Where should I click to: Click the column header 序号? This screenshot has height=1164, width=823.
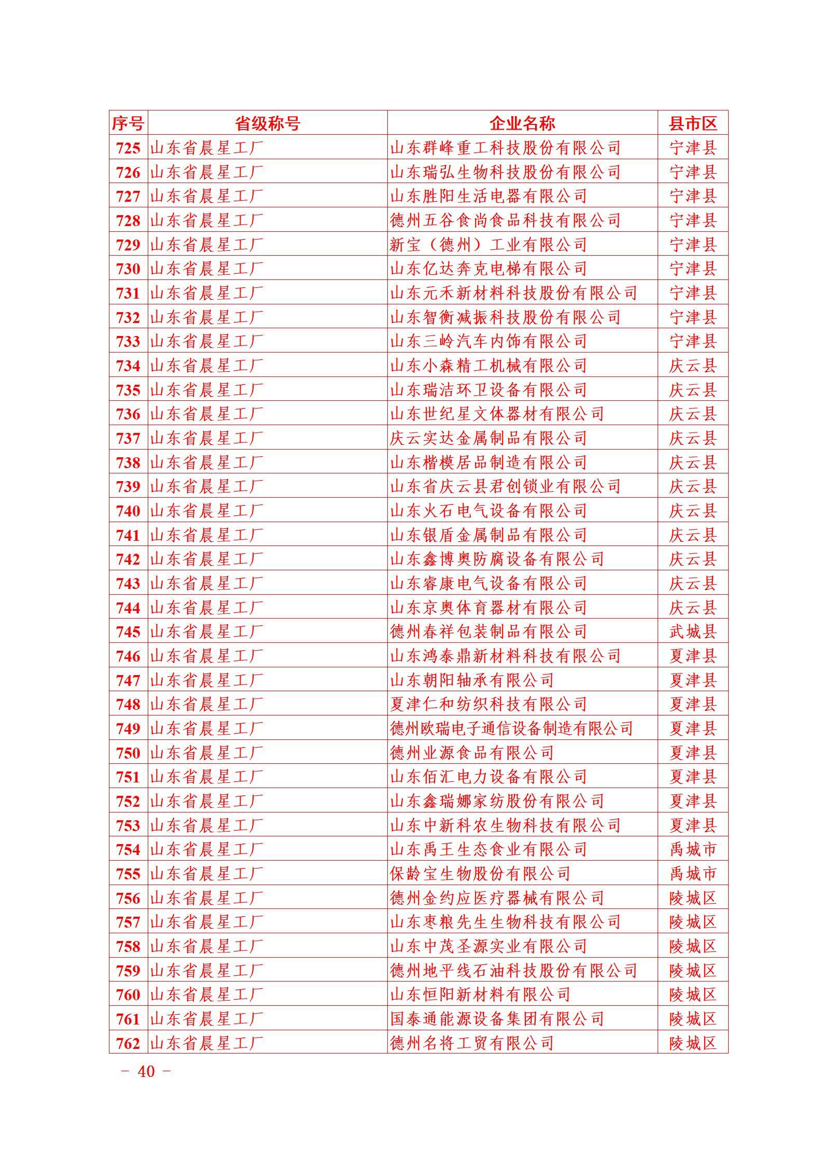tap(128, 123)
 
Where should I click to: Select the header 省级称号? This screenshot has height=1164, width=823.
tap(267, 123)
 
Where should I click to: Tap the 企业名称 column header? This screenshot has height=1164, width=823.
tap(522, 123)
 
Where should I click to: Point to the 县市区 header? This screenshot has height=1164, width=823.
tap(692, 123)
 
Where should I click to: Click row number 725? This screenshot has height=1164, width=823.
tap(128, 148)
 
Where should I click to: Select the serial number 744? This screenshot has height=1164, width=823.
tap(128, 608)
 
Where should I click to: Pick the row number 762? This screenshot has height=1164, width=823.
tap(128, 1043)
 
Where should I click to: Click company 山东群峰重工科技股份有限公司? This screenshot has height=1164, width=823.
tap(505, 148)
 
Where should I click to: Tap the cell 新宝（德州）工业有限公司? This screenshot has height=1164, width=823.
tap(488, 245)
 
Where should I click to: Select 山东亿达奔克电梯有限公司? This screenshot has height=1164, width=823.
tap(488, 269)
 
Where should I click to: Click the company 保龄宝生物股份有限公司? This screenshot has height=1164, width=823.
tap(480, 874)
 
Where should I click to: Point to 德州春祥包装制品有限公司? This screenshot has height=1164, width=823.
tap(488, 632)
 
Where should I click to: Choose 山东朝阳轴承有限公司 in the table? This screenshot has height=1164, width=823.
tap(471, 680)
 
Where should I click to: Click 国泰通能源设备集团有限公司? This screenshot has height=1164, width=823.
tap(497, 1019)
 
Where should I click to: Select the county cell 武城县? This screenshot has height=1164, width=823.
tap(692, 632)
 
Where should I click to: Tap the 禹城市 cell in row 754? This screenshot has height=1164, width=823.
tap(692, 849)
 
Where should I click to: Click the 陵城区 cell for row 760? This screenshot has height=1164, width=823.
tap(692, 994)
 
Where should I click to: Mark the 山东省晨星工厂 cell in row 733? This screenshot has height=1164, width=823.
tap(206, 341)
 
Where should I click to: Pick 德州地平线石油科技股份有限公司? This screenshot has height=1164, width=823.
tap(513, 971)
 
